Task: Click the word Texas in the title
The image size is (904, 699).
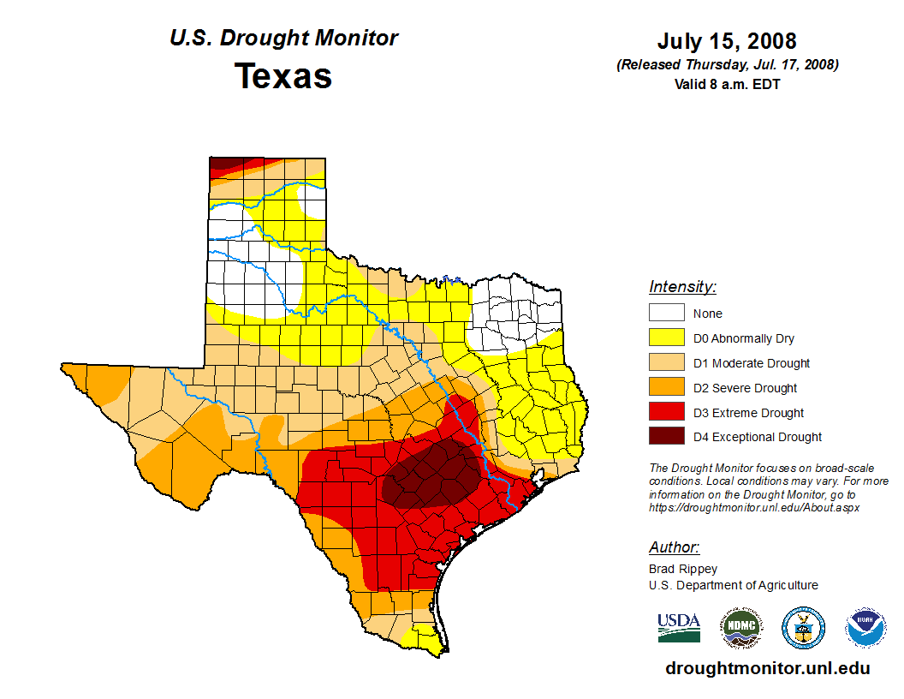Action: [283, 76]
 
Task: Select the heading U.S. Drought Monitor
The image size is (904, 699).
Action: [283, 39]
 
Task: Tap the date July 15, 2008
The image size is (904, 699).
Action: [727, 41]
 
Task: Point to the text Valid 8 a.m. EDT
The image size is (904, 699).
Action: [727, 84]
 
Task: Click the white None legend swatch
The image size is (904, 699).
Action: [666, 314]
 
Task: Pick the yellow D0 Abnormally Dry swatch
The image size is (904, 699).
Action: [666, 338]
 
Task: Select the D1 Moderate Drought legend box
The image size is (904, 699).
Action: [666, 363]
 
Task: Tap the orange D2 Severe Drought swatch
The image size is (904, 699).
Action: [666, 388]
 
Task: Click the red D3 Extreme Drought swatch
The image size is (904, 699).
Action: [666, 413]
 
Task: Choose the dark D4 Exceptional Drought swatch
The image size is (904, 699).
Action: [666, 437]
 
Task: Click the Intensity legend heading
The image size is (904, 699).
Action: [682, 287]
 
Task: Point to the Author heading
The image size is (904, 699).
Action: [674, 547]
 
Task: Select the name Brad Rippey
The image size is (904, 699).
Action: [683, 569]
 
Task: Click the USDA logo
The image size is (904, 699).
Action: [679, 627]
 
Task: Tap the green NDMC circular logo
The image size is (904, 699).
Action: [740, 628]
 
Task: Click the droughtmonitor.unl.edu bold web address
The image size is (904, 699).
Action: [767, 669]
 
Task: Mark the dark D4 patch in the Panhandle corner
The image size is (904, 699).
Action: [224, 164]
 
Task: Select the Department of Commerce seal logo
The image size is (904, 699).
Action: [803, 628]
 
